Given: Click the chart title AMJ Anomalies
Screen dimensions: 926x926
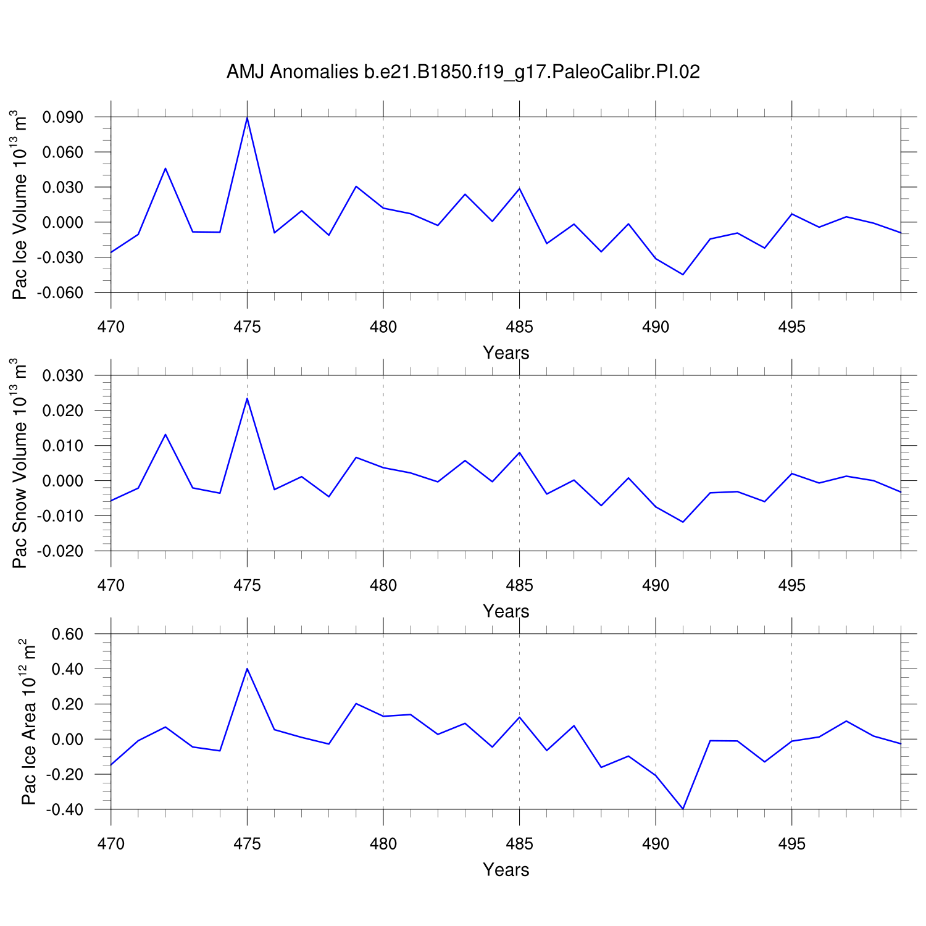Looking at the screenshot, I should tap(463, 72).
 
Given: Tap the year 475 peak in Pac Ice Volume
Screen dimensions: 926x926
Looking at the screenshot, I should tap(247, 117).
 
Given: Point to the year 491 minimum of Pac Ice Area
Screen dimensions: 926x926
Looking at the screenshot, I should tap(683, 809).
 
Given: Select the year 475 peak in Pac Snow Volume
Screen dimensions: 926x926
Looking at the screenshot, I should tap(247, 398).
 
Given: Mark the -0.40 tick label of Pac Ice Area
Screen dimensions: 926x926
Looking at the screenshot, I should tap(68, 809).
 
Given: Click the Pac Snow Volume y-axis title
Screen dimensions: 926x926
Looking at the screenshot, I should tap(20, 463).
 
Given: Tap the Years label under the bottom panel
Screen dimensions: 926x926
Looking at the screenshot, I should tap(506, 870).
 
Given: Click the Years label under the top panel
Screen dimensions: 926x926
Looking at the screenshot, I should tap(506, 353).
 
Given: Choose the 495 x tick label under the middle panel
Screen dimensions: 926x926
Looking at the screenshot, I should tap(791, 585).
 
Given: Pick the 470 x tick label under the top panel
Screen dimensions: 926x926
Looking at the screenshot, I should tap(111, 327).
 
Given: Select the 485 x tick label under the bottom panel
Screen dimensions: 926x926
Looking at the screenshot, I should tap(519, 844).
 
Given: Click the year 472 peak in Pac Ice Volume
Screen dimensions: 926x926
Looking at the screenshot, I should tap(165, 168).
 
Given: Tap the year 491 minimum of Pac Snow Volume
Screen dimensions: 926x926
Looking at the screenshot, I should tap(683, 522).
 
